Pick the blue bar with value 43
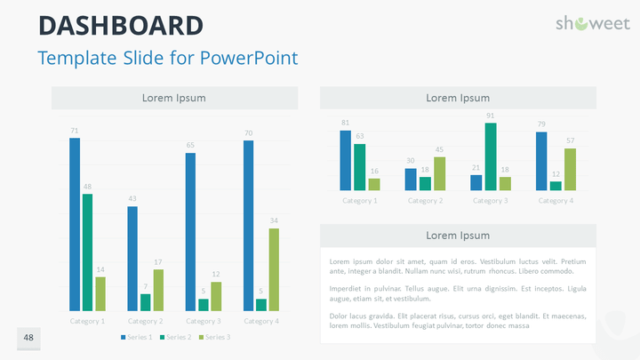pyautogui.click(x=132, y=258)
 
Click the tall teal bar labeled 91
pyautogui.click(x=491, y=156)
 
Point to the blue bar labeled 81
pyautogui.click(x=346, y=160)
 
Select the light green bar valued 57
pyautogui.click(x=570, y=169)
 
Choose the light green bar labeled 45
pyautogui.click(x=439, y=173)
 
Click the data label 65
pyautogui.click(x=190, y=144)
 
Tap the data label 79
pyautogui.click(x=541, y=124)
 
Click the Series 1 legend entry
pyautogui.click(x=137, y=337)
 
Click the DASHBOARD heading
pyautogui.click(x=120, y=26)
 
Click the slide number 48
pyautogui.click(x=28, y=338)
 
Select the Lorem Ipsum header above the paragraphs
pyautogui.click(x=458, y=236)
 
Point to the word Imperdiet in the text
pyautogui.click(x=346, y=289)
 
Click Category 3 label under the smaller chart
pyautogui.click(x=490, y=201)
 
